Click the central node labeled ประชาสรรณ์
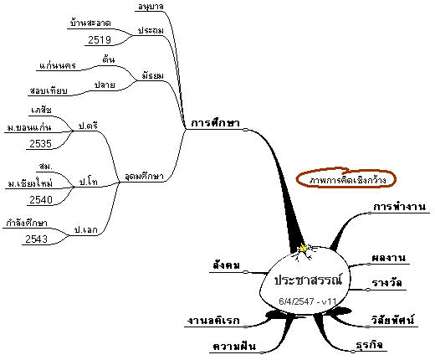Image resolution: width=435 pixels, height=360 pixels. click(x=308, y=280)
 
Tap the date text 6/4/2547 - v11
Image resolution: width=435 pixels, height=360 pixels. click(x=308, y=301)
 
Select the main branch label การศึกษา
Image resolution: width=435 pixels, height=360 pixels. click(x=215, y=123)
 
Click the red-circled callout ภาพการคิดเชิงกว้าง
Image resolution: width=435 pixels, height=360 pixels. click(x=346, y=179)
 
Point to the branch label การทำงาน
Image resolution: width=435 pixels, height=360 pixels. click(x=399, y=207)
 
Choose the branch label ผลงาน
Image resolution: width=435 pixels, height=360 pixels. click(x=388, y=258)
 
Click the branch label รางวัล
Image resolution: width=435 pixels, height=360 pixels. click(x=386, y=283)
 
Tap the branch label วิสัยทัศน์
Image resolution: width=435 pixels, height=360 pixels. click(x=392, y=320)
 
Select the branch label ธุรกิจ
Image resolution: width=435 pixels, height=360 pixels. click(x=369, y=345)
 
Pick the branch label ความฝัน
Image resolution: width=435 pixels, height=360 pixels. click(x=234, y=346)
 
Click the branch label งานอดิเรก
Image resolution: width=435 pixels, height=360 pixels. click(x=213, y=321)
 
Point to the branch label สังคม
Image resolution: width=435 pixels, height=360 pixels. click(x=226, y=265)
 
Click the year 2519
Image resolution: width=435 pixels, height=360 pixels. click(x=100, y=40)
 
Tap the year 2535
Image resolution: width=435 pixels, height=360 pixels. click(x=41, y=144)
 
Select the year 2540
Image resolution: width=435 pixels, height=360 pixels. click(x=41, y=200)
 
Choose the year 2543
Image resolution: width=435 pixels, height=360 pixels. click(x=37, y=239)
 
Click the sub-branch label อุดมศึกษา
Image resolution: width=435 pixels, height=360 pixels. click(x=144, y=177)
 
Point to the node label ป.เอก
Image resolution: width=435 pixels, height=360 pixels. click(x=86, y=230)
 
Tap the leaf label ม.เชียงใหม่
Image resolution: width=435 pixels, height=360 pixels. click(x=30, y=183)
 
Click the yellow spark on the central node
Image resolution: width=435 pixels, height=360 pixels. click(x=304, y=248)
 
